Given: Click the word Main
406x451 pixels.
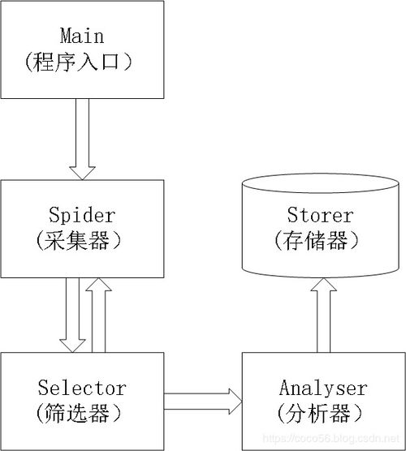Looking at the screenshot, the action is pyautogui.click(x=82, y=36).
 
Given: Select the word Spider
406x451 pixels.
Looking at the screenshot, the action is pyautogui.click(x=82, y=216).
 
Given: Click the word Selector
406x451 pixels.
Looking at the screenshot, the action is pyautogui.click(x=82, y=388).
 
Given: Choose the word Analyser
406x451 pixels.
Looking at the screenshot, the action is pyautogui.click(x=323, y=389).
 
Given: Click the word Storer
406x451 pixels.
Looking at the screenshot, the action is pyautogui.click(x=320, y=215).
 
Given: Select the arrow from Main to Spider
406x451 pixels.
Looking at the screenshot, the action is pyautogui.click(x=82, y=140).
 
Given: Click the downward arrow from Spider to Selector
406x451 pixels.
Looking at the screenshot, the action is pyautogui.click(x=72, y=315).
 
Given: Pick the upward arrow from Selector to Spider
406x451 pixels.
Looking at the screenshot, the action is pyautogui.click(x=99, y=315).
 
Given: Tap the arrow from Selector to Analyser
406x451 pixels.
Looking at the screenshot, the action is pyautogui.click(x=203, y=402).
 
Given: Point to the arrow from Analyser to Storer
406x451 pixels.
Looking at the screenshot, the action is pyautogui.click(x=324, y=316).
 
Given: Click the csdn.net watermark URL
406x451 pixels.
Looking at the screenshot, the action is pyautogui.click(x=331, y=438).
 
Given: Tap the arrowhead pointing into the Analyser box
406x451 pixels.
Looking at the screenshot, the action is pyautogui.click(x=235, y=402).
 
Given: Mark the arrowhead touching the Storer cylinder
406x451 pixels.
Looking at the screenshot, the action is pyautogui.click(x=324, y=285).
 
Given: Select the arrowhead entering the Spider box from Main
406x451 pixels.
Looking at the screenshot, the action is pyautogui.click(x=82, y=173).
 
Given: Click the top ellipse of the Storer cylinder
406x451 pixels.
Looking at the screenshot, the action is pyautogui.click(x=321, y=174).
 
